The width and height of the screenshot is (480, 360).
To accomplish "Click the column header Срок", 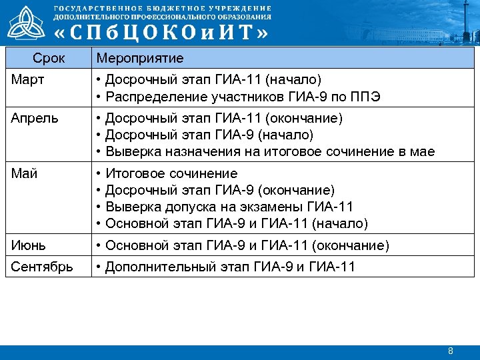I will pos(48,59).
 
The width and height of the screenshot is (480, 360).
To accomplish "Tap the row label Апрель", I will pos(35,119).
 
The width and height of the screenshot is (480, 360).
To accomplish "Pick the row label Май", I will pos(24,174).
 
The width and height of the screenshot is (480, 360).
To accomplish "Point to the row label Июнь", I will pos(29,245).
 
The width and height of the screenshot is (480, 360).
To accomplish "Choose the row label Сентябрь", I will pos(41,267).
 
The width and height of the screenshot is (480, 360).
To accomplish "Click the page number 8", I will pos(451,351).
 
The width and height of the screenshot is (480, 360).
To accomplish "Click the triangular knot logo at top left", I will pos(26,23).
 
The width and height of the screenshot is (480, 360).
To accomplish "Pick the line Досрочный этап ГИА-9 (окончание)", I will pos(219,191).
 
